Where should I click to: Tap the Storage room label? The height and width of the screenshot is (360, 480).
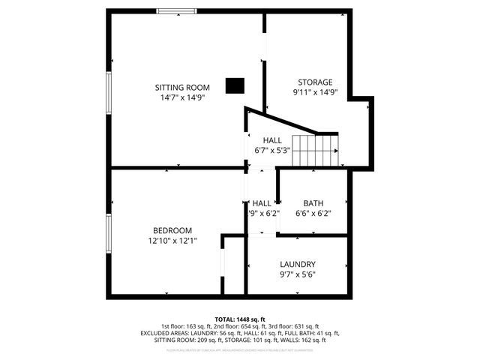coord(315,82)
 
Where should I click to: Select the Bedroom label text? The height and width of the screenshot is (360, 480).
coord(172,230)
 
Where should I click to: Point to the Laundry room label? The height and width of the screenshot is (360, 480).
coord(298,264)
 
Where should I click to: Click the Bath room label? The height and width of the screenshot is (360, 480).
coord(313,203)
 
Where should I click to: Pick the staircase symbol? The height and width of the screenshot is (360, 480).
coord(314,151)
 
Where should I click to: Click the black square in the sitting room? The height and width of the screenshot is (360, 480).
coord(235,85)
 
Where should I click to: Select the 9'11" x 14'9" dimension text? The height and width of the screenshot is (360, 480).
coord(315,93)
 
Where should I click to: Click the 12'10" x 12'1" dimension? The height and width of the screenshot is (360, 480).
coord(172,241)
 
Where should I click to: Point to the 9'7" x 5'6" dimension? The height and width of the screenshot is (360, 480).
coord(298,274)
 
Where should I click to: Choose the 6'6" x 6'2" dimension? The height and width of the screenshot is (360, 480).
coord(313,213)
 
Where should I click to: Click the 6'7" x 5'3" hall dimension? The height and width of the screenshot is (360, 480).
coord(271,150)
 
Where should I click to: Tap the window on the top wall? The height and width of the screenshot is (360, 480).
coord(177,11)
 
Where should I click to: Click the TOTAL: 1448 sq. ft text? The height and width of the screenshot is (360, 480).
coord(240,319)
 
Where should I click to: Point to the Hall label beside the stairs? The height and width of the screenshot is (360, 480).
coord(272,140)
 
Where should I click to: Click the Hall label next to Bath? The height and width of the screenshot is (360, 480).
coord(262,203)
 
